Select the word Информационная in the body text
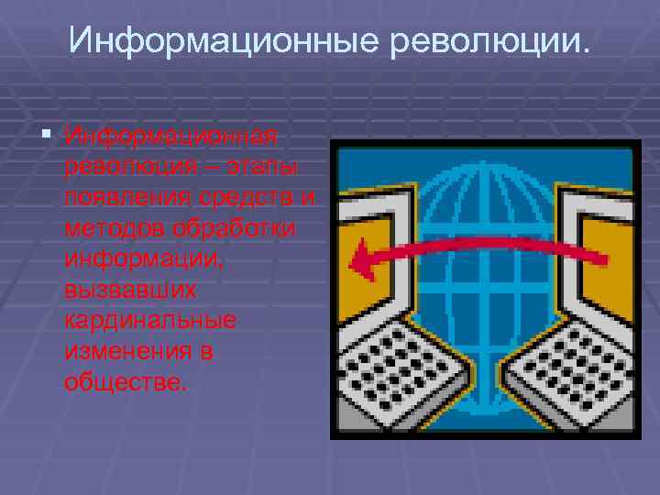[170, 136]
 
